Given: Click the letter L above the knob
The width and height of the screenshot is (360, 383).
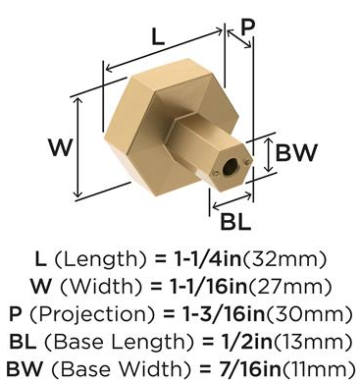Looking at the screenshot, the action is [x=158, y=36].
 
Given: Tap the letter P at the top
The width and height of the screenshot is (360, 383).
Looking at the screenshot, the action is [x=247, y=27].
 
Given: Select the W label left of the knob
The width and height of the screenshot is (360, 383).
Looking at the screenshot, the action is [x=61, y=147].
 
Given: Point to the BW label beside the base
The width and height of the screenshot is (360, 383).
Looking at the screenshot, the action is [x=296, y=152].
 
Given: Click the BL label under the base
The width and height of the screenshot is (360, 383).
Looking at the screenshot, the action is [x=235, y=221].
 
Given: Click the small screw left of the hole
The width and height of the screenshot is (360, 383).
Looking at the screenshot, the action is [x=215, y=174].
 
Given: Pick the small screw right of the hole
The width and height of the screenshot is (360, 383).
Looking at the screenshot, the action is [x=247, y=161].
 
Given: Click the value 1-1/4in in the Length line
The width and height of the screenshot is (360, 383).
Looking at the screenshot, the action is [x=208, y=259].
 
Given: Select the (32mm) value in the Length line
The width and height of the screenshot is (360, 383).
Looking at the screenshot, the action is [x=284, y=259].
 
